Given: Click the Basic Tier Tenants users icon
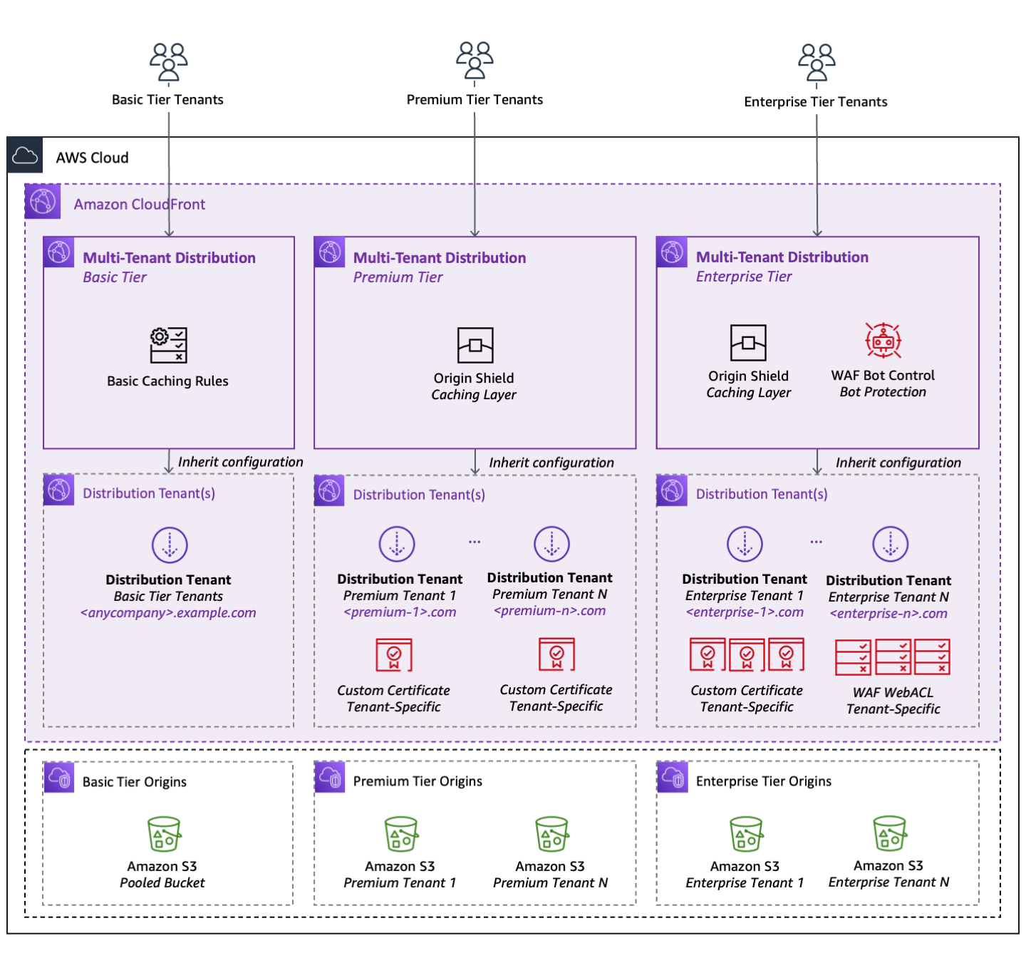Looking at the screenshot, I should [168, 62].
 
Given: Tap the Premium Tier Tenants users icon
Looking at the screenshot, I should [475, 61].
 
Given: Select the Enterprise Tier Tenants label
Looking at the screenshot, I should [816, 102].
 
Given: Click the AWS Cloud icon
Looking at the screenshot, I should [25, 155].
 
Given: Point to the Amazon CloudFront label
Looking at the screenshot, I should [140, 205].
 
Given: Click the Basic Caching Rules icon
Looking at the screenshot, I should [169, 345].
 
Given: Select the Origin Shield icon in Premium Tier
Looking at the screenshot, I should [475, 346].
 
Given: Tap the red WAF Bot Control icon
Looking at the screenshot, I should [883, 341].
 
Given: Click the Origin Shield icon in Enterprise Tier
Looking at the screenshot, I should [748, 343].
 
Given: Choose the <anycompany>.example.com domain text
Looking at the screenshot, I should [168, 613].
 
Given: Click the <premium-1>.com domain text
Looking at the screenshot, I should [400, 612].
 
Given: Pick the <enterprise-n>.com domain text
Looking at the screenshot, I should [888, 614].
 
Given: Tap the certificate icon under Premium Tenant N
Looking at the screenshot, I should [556, 654].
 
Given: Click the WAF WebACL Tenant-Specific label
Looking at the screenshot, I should [893, 701].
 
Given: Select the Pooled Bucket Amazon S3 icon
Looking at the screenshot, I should [164, 835].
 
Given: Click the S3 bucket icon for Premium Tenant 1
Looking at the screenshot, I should [401, 835].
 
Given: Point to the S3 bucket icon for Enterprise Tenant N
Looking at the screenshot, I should [890, 834].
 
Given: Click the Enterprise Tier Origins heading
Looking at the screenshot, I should [763, 781].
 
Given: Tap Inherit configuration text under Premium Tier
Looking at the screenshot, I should [551, 463].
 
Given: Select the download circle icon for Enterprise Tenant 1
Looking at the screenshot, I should [745, 545].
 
